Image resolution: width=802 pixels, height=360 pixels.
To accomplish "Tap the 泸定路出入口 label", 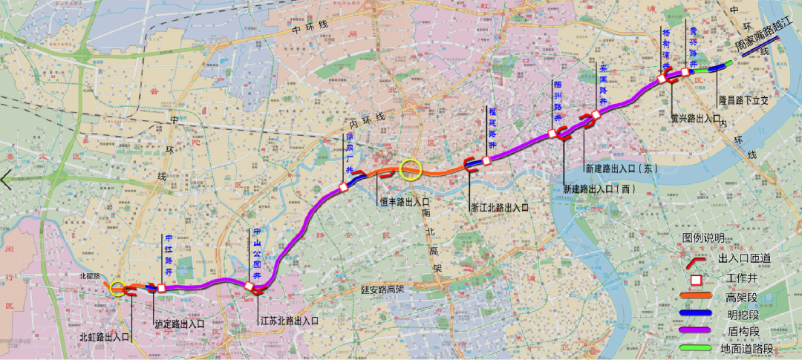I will [x=179, y=324].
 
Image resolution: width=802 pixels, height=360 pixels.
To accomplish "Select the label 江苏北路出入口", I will [x=289, y=321].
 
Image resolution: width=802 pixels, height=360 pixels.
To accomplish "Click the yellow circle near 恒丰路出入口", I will [x=410, y=170].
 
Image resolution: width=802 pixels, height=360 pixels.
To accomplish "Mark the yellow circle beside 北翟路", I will [x=117, y=288].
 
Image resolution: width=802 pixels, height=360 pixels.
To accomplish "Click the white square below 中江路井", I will [x=161, y=288].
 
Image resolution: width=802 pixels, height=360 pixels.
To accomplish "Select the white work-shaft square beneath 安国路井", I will [x=596, y=114].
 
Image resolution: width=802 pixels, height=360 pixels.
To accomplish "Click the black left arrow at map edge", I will [x=7, y=180].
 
